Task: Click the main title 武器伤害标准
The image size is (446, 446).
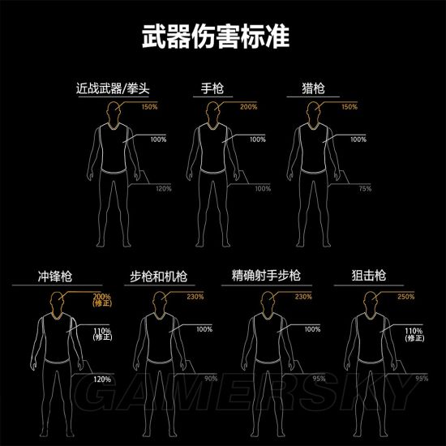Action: (222, 37)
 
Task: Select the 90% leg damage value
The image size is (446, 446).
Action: (211, 378)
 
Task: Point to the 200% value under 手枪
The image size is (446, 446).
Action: (248, 107)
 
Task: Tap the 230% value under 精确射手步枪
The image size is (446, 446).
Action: (303, 296)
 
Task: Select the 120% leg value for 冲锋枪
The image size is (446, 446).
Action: (102, 378)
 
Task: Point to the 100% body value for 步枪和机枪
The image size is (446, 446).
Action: (204, 329)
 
